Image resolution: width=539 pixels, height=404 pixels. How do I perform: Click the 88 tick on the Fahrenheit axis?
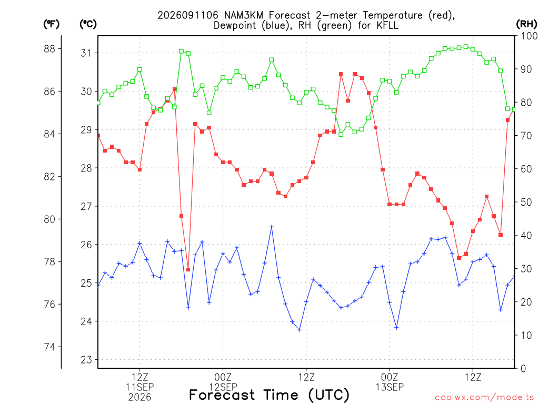tap(49, 49)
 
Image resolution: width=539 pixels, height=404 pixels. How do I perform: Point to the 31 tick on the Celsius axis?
tap(86, 53)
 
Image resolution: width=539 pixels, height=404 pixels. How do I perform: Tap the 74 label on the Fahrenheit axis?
tap(49, 347)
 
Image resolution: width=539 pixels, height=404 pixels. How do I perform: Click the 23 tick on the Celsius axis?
tap(86, 360)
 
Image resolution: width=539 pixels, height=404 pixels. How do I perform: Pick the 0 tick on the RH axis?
tap(523, 369)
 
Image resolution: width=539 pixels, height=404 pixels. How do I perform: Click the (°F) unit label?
tap(51, 24)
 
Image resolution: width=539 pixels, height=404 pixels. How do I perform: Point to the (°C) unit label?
tap(88, 24)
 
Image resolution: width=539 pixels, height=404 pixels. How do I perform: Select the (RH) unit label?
tap(526, 24)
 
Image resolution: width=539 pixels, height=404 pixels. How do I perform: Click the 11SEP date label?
tap(139, 387)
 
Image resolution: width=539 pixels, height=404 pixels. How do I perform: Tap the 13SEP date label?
tap(390, 387)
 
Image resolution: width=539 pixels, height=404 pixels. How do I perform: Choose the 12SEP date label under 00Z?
tap(223, 387)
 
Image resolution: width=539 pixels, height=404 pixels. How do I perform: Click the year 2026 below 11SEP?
tap(139, 398)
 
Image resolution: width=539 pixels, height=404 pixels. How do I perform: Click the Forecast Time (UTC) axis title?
tap(269, 395)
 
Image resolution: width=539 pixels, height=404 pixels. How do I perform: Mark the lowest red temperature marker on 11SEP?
tap(188, 270)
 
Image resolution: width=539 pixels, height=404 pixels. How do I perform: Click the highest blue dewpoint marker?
tap(272, 227)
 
